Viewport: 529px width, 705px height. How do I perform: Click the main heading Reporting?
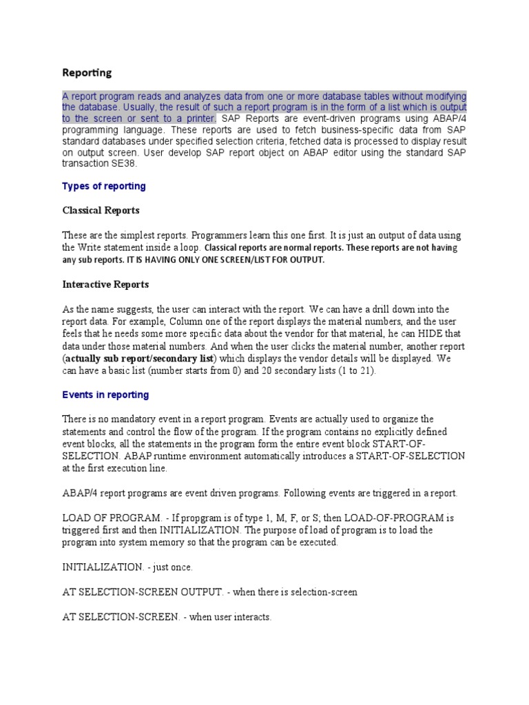tap(87, 72)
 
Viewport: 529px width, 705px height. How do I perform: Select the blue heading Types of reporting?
tap(104, 187)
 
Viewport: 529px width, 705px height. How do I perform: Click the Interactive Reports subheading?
tap(105, 284)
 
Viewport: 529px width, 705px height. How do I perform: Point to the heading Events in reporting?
tap(105, 395)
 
